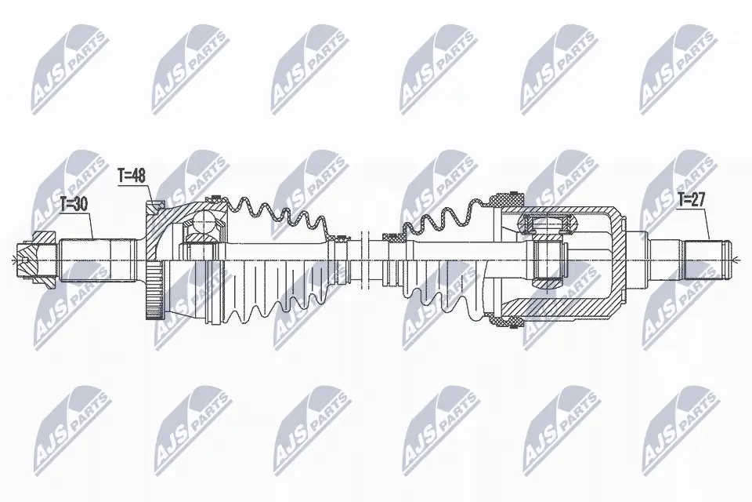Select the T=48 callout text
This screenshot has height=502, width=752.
tap(132, 176)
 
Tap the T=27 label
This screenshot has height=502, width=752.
tap(691, 201)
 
